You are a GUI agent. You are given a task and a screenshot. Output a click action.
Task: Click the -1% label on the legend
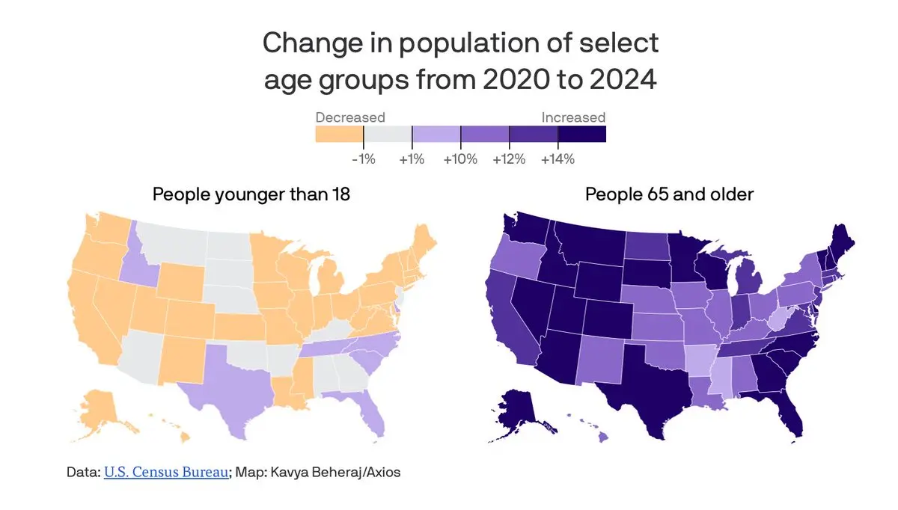coord(363,159)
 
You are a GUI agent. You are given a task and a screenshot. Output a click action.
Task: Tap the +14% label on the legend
coord(558,159)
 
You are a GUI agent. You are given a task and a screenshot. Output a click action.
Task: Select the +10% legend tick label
coord(460,159)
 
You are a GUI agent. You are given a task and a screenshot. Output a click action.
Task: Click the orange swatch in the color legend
coord(339,134)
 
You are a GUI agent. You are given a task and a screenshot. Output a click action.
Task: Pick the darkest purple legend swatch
coord(582,134)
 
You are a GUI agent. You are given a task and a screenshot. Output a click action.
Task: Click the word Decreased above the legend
coord(350,117)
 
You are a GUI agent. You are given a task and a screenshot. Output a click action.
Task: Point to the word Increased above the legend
coord(573,117)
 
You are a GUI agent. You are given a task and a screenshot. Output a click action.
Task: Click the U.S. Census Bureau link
coord(166,473)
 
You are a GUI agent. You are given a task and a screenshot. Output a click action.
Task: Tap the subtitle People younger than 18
coord(251,194)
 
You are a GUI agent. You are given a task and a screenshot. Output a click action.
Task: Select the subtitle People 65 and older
coord(669,194)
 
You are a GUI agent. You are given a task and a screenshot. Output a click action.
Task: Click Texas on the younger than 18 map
coord(224,381)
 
